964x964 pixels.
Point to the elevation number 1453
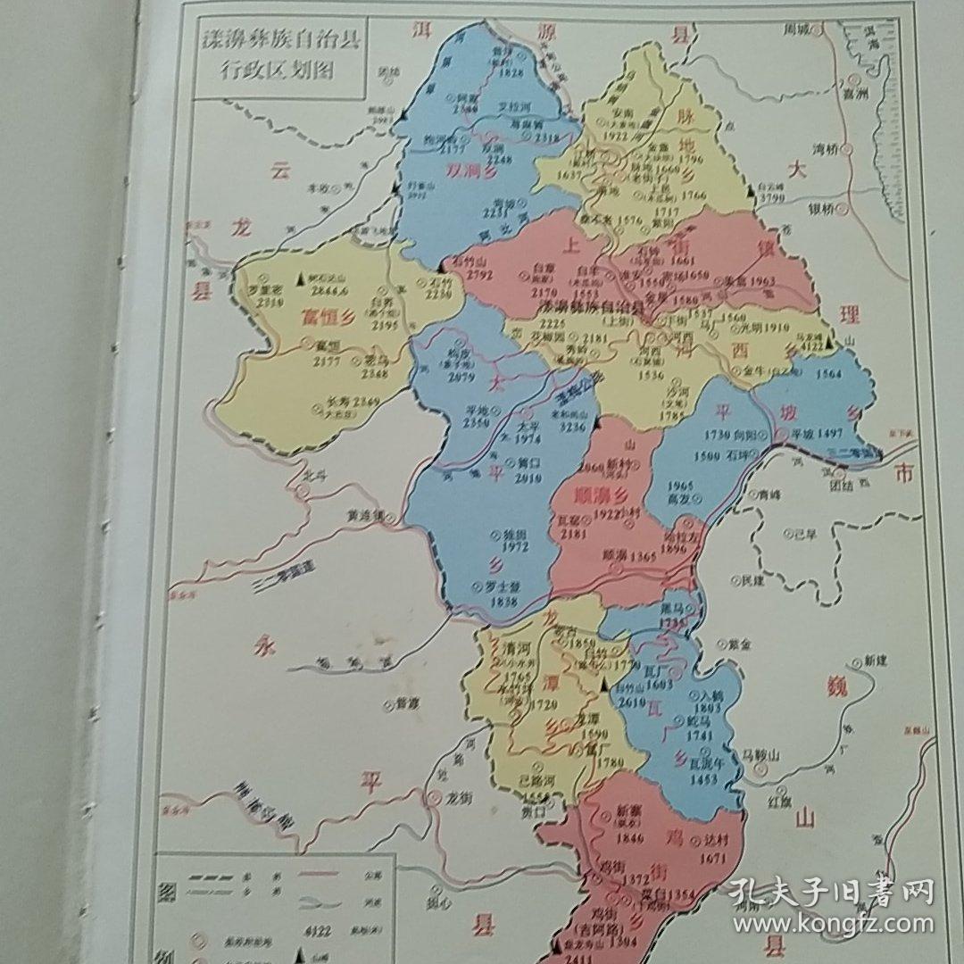(702, 779)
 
